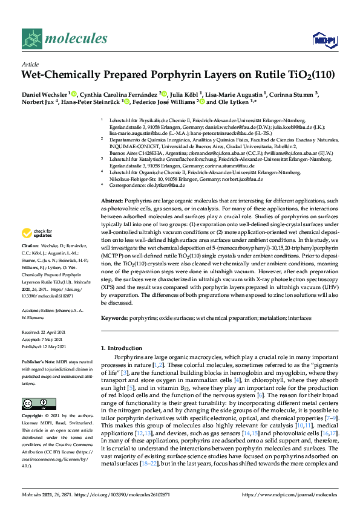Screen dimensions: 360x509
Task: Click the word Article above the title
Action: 30,64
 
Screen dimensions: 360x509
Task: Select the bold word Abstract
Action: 112,200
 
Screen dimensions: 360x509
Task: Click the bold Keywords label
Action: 114,317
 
